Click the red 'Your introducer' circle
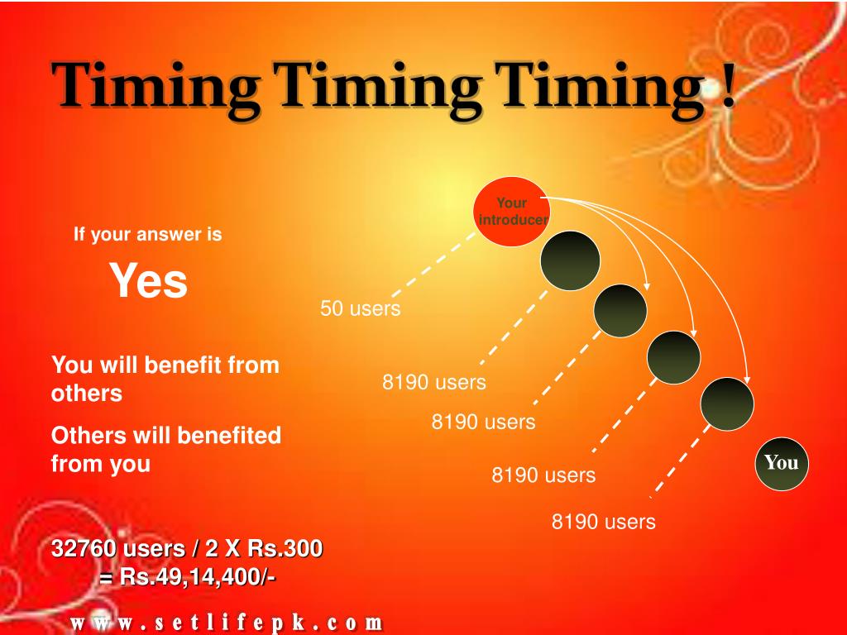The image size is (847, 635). (x=512, y=213)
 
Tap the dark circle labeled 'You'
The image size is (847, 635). (x=782, y=463)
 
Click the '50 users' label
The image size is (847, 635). (x=361, y=309)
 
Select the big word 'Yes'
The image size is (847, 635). (x=150, y=280)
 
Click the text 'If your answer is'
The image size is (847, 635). (x=148, y=235)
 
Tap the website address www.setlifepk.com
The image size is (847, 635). (x=226, y=622)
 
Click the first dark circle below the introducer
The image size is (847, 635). (x=570, y=259)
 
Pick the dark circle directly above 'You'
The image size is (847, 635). (x=727, y=404)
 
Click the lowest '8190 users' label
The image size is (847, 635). (x=604, y=522)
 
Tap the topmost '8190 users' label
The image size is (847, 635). (x=433, y=383)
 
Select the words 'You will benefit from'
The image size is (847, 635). (x=165, y=365)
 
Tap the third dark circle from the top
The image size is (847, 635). (x=673, y=357)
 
